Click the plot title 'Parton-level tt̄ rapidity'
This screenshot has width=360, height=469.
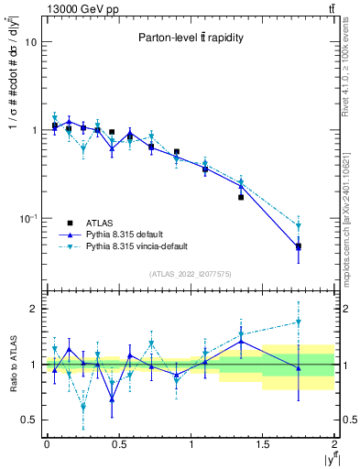(191, 38)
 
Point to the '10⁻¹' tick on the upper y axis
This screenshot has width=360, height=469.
(27, 218)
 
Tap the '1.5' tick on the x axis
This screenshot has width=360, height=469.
(262, 444)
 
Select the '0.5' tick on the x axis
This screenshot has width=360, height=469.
(118, 444)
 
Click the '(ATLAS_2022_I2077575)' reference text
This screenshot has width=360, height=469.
(190, 274)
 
